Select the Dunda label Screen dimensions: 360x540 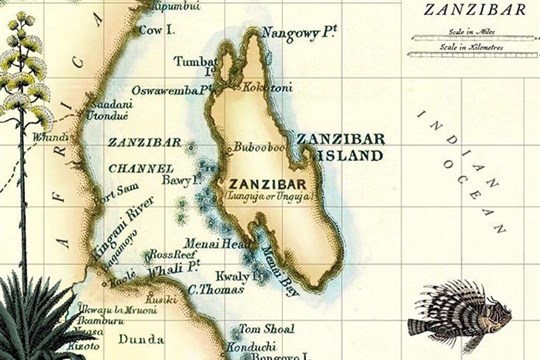point(140,339)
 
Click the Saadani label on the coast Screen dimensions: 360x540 point(107,105)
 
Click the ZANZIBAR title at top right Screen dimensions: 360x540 point(462,10)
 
